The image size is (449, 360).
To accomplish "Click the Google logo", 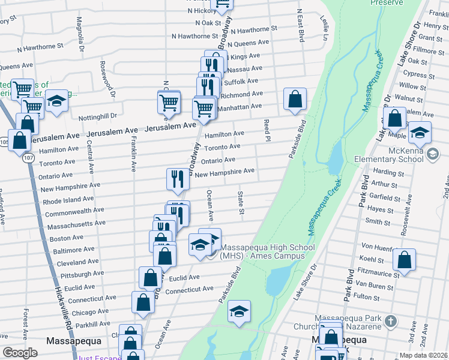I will click(20, 353).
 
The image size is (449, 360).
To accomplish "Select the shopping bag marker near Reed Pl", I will click(295, 100).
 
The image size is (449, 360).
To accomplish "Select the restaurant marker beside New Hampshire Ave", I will click(178, 179).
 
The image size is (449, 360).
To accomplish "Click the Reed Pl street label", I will click(265, 130).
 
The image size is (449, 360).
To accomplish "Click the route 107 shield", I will click(27, 158).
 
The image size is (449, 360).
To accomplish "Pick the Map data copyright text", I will click(423, 355).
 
